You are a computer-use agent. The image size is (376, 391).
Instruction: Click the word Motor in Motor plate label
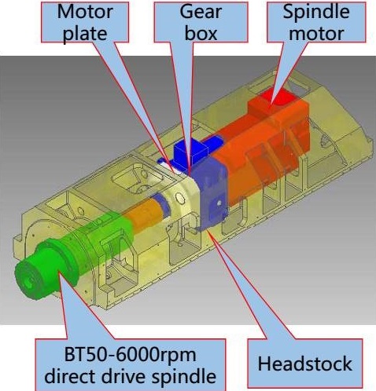85,12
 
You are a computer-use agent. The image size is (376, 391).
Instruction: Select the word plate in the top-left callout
85,34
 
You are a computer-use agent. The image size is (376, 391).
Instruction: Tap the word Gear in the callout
201,12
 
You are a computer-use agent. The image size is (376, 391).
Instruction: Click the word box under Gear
201,33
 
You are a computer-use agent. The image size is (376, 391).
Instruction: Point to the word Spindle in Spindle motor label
316,13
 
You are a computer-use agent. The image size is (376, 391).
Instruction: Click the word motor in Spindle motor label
316,34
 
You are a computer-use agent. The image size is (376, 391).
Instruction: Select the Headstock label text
304,364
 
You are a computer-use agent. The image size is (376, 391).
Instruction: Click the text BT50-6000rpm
130,356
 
